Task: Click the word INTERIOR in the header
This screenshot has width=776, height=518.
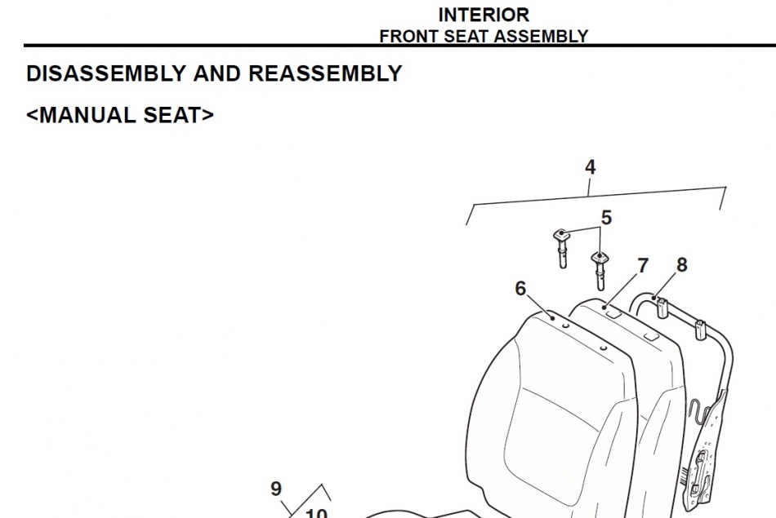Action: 484,15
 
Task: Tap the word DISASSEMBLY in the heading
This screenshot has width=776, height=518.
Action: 105,73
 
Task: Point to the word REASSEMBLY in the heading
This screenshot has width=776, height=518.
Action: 325,73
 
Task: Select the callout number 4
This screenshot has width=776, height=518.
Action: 590,167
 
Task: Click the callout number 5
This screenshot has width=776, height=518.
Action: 606,218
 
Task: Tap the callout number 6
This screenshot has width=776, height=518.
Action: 520,288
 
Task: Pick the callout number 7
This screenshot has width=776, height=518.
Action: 642,266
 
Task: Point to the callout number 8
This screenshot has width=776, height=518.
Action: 681,265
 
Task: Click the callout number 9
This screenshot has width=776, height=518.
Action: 276,489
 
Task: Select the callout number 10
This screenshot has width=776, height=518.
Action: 316,513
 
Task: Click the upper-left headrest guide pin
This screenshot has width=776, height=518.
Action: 561,249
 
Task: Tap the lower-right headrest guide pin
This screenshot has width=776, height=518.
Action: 600,271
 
